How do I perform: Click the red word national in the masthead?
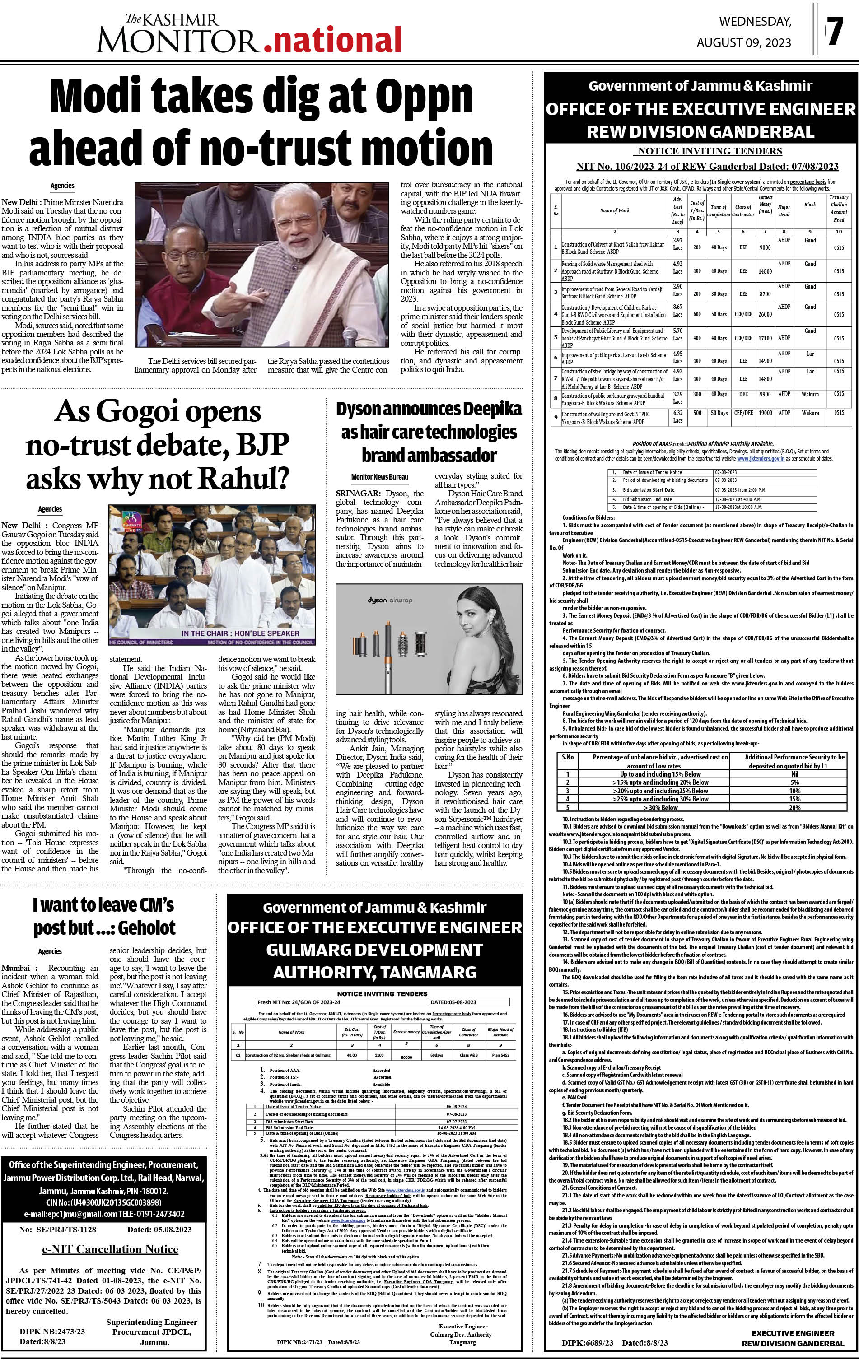(333, 40)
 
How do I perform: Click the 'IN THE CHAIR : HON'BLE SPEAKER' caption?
(240, 633)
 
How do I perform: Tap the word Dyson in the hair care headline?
(365, 409)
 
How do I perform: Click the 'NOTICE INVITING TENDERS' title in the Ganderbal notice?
(708, 151)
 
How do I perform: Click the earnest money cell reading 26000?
(765, 315)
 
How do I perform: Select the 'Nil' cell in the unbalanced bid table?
(794, 774)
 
